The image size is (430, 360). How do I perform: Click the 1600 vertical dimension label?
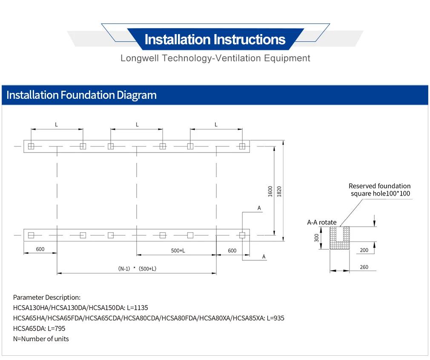[x=270, y=191]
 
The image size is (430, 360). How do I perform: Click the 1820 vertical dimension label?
[x=279, y=191]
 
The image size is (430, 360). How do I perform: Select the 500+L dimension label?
[x=178, y=251]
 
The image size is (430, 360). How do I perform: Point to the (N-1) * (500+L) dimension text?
[x=137, y=269]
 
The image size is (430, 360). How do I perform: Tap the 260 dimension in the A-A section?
[x=364, y=267]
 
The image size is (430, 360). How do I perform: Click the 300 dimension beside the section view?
[x=317, y=238]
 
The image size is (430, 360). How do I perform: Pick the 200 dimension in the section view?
[x=364, y=250]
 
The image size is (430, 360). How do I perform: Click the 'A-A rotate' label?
[x=322, y=222]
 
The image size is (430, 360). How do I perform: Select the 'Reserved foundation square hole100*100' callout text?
[x=380, y=190]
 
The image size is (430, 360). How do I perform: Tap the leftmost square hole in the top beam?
[x=31, y=146]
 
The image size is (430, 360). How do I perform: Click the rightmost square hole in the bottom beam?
[x=242, y=235]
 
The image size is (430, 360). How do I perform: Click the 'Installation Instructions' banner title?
[x=215, y=39]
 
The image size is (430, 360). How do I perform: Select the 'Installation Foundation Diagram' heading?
[x=81, y=95]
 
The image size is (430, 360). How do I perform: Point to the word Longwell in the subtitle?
[x=140, y=58]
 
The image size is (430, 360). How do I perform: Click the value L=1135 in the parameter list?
[x=138, y=308]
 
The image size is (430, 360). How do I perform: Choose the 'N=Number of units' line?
[x=41, y=339]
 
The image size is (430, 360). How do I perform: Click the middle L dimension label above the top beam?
[x=137, y=124]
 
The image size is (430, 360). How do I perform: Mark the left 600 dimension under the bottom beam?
[x=40, y=249]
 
